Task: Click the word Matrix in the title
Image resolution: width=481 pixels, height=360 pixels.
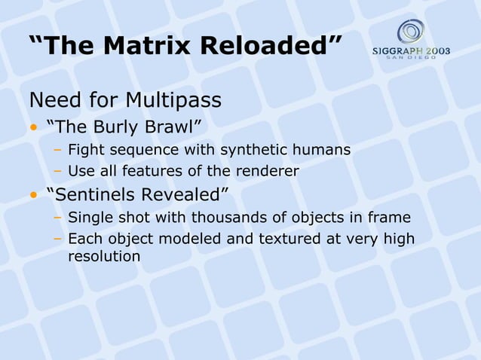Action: click(x=152, y=45)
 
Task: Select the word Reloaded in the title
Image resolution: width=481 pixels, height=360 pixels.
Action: click(x=273, y=45)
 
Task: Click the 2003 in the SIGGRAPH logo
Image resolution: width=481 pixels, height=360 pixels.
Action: click(x=435, y=52)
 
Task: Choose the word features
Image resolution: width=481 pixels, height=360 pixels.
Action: click(x=152, y=172)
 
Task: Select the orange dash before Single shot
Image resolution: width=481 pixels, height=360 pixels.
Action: click(x=57, y=219)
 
